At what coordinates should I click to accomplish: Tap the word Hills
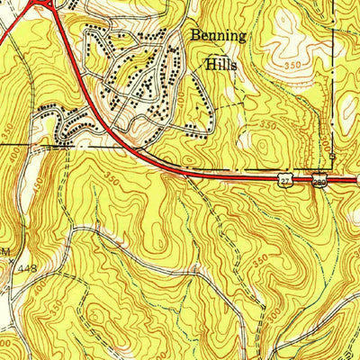point(222,65)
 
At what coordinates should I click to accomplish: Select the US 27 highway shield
point(283,181)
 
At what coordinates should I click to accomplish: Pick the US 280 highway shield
point(319,181)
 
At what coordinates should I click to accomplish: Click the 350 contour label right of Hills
point(292,67)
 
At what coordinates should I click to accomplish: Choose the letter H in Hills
point(210,65)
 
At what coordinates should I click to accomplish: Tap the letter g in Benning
point(247,39)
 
